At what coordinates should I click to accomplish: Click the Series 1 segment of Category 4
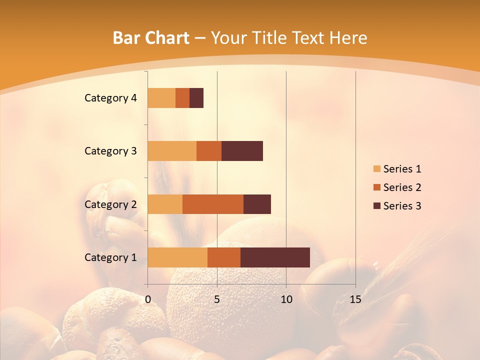161,98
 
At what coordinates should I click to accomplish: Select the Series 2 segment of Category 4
182,98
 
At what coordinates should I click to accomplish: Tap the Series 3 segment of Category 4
196,98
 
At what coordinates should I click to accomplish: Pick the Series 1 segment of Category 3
172,151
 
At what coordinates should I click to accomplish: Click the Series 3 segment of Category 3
242,151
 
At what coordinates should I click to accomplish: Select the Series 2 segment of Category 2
213,204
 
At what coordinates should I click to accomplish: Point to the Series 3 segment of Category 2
257,204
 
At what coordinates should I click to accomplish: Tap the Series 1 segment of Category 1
177,257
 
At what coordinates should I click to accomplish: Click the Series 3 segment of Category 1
275,257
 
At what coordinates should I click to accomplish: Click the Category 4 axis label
110,98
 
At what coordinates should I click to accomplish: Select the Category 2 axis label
110,204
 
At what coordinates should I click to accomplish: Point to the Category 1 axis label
110,257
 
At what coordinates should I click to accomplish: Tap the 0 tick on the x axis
148,299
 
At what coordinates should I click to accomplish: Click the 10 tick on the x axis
286,299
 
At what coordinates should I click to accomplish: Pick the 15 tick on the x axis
355,299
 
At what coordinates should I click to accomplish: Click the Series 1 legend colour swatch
376,169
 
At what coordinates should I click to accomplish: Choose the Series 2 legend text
402,187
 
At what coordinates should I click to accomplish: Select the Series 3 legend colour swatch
376,206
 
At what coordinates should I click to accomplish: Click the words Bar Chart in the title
150,38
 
